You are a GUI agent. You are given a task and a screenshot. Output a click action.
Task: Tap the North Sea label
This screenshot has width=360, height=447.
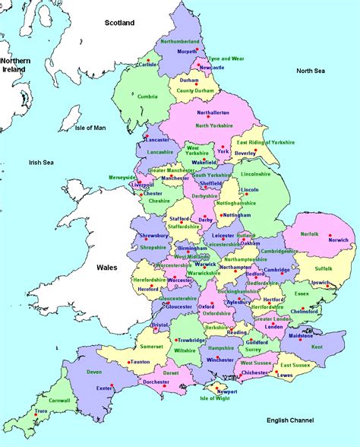pos(311,71)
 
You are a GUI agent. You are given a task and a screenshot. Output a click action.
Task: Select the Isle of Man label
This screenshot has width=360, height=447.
pos(90,128)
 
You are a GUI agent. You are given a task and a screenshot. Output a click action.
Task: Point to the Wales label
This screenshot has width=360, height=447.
pos(106,268)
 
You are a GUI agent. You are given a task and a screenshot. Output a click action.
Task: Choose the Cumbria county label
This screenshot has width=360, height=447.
pos(148,96)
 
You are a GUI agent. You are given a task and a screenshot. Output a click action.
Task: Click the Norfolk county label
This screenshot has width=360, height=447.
pos(309,233)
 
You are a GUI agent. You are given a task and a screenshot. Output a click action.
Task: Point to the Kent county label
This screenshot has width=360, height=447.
pos(316,347)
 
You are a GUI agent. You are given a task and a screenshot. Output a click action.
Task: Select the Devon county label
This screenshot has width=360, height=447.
pos(94,372)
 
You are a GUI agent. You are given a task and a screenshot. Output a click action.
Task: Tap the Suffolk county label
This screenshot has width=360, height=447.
pos(324,268)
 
